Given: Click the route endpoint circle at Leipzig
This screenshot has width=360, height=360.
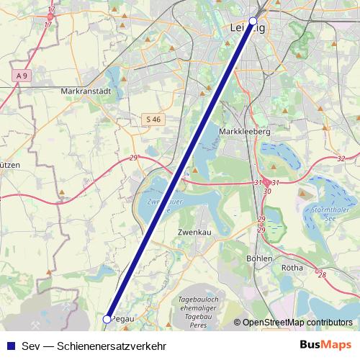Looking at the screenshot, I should click(252, 21).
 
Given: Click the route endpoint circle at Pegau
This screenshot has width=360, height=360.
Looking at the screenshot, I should click(107, 318).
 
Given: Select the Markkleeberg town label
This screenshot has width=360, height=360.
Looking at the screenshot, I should click(243, 132).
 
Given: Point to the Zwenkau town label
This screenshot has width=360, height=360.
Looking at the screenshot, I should click(192, 233).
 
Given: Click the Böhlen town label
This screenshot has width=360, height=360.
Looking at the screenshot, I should click(259, 258).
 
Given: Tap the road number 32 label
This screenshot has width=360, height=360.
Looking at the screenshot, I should click(341, 158).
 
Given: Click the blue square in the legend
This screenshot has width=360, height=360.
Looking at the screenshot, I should click(9, 345).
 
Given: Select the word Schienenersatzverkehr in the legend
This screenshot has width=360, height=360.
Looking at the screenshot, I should click(117, 345).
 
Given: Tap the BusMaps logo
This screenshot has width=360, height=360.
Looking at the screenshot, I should click(325, 344).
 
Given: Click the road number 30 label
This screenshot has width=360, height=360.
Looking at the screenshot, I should click(267, 192).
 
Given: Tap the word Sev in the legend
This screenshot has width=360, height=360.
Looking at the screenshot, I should click(32, 345).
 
